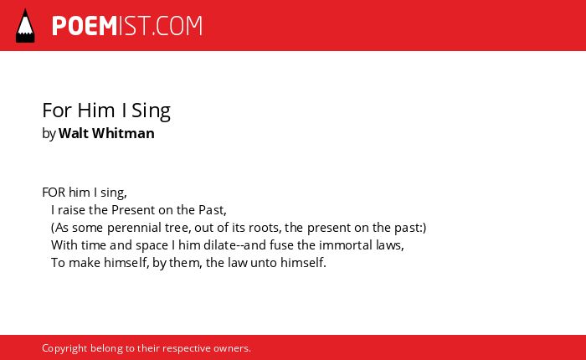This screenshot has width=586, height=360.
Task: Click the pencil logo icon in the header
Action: coord(25,26)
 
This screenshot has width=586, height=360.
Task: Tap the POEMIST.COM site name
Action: coord(127,26)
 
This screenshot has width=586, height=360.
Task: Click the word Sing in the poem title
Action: coord(151,111)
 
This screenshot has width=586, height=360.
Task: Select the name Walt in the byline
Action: coord(74,133)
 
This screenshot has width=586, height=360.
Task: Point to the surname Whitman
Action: coord(123,133)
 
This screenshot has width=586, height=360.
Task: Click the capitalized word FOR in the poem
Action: coord(54,193)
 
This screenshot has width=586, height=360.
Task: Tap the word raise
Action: coord(72,210)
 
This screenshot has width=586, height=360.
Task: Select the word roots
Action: coord(265,228)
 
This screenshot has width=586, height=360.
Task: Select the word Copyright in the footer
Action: coord(64,348)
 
